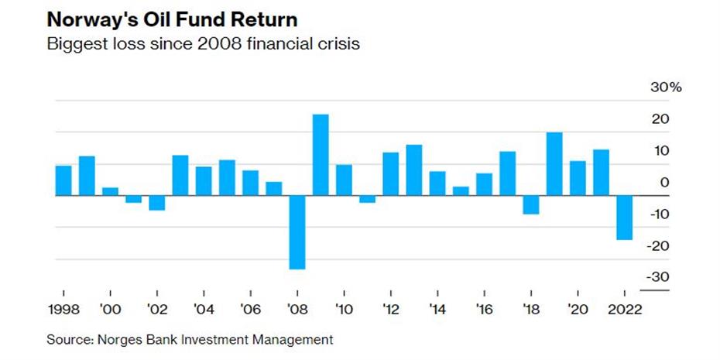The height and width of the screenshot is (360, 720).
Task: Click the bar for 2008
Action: click(x=297, y=232)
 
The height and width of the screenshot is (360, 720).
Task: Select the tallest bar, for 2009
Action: click(x=321, y=155)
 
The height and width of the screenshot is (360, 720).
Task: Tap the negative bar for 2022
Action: click(x=624, y=218)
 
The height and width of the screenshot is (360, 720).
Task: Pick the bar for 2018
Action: click(x=530, y=204)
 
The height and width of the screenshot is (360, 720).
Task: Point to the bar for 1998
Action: click(x=63, y=180)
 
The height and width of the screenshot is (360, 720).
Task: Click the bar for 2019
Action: click(x=554, y=164)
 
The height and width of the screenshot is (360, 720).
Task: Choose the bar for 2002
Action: click(x=157, y=203)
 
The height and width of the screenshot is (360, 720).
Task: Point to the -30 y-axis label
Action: click(x=657, y=277)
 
